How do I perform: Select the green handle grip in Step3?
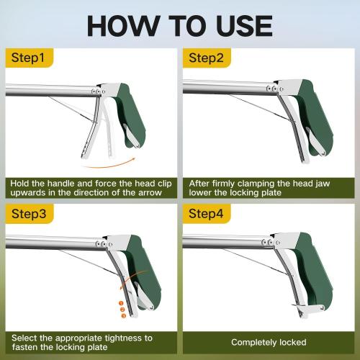point(132,266)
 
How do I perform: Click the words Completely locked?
point(269,342)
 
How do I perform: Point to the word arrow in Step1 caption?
point(156,194)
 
